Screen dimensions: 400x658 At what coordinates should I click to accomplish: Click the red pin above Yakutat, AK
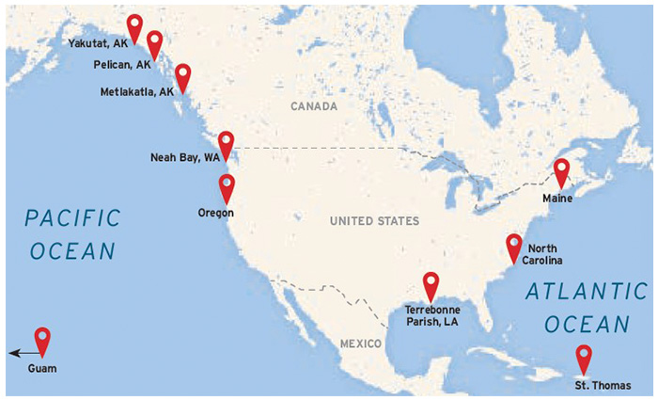134,27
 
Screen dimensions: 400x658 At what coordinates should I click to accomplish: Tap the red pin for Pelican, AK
155,42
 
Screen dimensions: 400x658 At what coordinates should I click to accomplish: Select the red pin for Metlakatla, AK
182,76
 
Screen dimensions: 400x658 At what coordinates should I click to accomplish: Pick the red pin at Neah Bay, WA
226,143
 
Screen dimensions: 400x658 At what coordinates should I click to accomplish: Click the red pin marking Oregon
227,186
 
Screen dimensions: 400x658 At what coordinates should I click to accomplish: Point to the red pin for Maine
561,172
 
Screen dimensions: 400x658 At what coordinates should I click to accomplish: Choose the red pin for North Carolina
513,246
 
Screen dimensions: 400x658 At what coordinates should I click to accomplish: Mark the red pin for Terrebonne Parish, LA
431,283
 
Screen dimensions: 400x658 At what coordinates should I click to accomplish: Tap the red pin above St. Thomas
584,358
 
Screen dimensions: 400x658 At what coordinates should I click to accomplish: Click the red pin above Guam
42,340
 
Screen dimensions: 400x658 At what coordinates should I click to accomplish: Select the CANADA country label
313,107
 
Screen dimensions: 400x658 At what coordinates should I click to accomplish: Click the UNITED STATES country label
373,221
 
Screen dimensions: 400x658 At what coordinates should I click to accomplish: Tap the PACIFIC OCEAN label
73,234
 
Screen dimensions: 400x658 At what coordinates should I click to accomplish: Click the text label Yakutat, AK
97,43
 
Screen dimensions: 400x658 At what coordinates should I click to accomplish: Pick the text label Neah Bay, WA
184,157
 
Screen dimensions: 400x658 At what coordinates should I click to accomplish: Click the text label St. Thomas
603,385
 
